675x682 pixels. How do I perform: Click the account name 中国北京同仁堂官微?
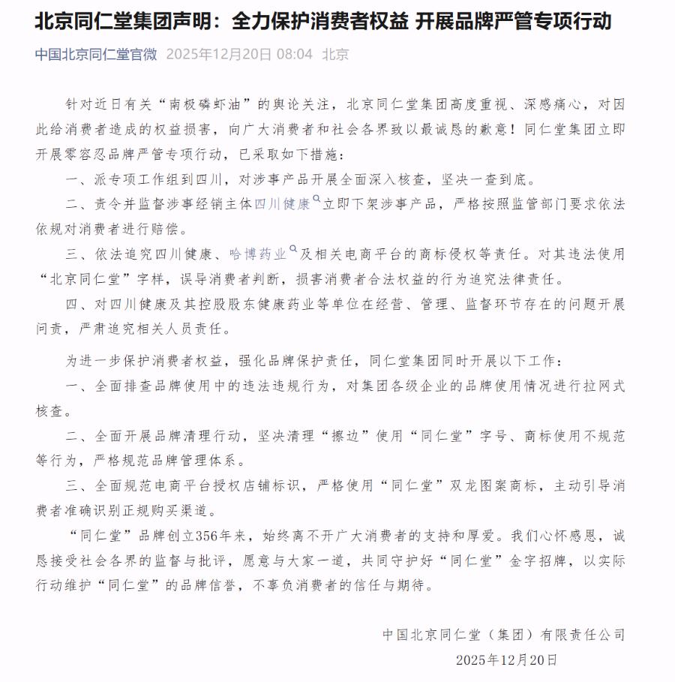96,55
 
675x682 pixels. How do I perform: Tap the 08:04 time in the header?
295,55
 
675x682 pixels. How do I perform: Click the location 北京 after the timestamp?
335,55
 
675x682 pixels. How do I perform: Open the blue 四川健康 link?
282,204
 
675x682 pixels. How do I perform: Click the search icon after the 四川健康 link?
316,201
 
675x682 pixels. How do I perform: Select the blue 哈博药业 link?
259,254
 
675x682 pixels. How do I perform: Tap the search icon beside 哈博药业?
293,251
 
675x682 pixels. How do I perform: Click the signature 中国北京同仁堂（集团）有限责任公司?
503,635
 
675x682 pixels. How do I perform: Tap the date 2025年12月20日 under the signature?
507,660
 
